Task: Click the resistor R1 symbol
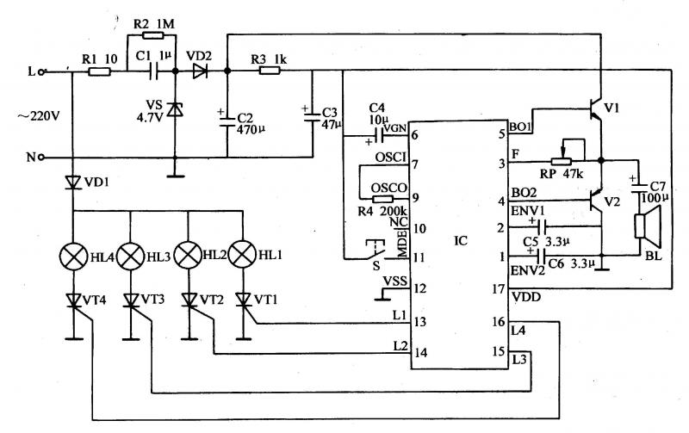click(x=99, y=73)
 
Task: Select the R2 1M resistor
click(x=152, y=38)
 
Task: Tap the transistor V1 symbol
click(x=594, y=108)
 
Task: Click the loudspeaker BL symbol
click(x=640, y=226)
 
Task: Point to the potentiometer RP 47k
click(x=561, y=159)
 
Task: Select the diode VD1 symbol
click(x=73, y=182)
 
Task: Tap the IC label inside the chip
click(x=461, y=240)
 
